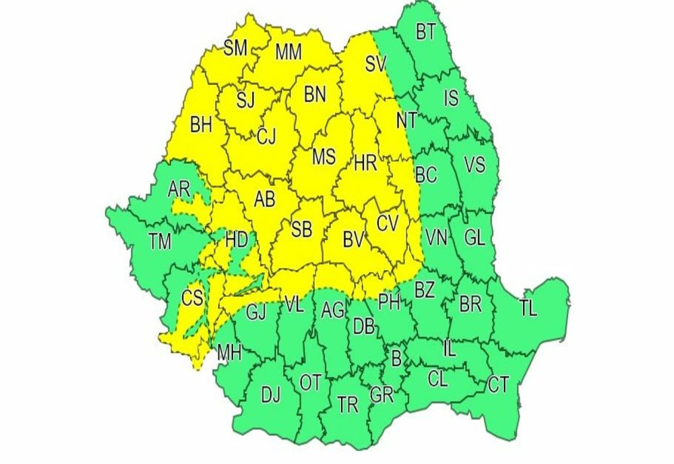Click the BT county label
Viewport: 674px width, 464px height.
pyautogui.click(x=425, y=32)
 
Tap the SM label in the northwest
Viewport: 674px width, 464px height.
pyautogui.click(x=236, y=48)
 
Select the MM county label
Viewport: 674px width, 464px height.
pyautogui.click(x=288, y=52)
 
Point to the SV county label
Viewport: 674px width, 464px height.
pyautogui.click(x=375, y=64)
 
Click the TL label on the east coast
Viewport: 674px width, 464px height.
pyautogui.click(x=528, y=308)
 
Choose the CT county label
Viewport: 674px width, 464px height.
pyautogui.click(x=498, y=385)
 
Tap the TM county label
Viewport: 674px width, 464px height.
pyautogui.click(x=160, y=240)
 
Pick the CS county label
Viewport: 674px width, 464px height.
pyautogui.click(x=192, y=297)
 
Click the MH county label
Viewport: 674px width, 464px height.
pyautogui.click(x=229, y=351)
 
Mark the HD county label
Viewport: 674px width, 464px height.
pyautogui.click(x=236, y=239)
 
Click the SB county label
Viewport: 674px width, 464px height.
pyautogui.click(x=301, y=229)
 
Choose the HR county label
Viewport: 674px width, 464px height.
pyautogui.click(x=365, y=162)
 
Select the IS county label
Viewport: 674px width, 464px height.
pyautogui.click(x=450, y=99)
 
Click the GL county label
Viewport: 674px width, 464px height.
pyautogui.click(x=474, y=237)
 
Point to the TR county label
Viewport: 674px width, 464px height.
pyautogui.click(x=348, y=405)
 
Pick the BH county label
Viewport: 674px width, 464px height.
pyautogui.click(x=200, y=125)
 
